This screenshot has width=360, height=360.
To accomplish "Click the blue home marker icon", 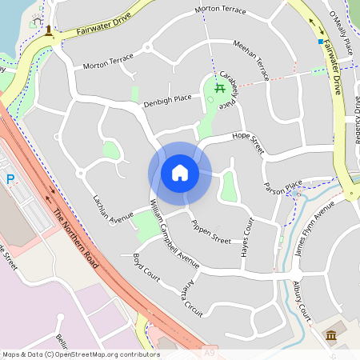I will (180, 173).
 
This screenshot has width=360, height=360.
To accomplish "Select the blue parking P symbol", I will (10, 180).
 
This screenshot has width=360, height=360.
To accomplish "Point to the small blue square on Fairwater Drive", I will (320, 41).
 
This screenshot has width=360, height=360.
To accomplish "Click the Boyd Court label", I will (147, 267).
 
